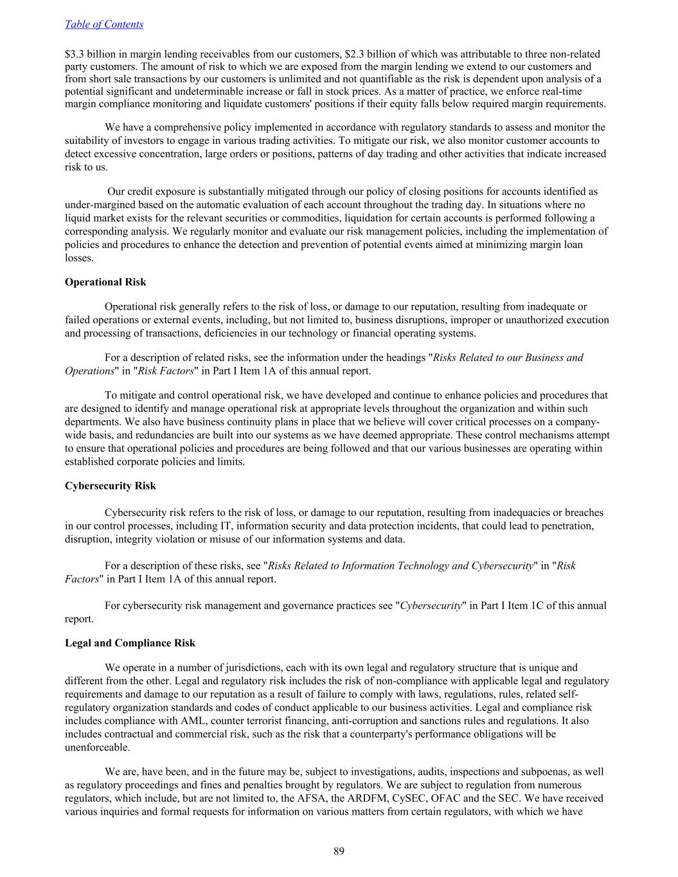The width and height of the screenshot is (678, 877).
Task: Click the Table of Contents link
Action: (x=104, y=24)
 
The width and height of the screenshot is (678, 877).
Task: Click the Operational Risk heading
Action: (x=105, y=282)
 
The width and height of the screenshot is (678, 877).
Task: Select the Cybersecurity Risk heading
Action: (x=110, y=486)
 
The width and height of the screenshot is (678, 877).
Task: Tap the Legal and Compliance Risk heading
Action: (x=130, y=643)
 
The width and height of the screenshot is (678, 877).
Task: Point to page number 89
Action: (x=339, y=851)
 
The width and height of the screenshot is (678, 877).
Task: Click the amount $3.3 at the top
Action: (x=75, y=54)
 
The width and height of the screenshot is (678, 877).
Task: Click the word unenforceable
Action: (x=97, y=748)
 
